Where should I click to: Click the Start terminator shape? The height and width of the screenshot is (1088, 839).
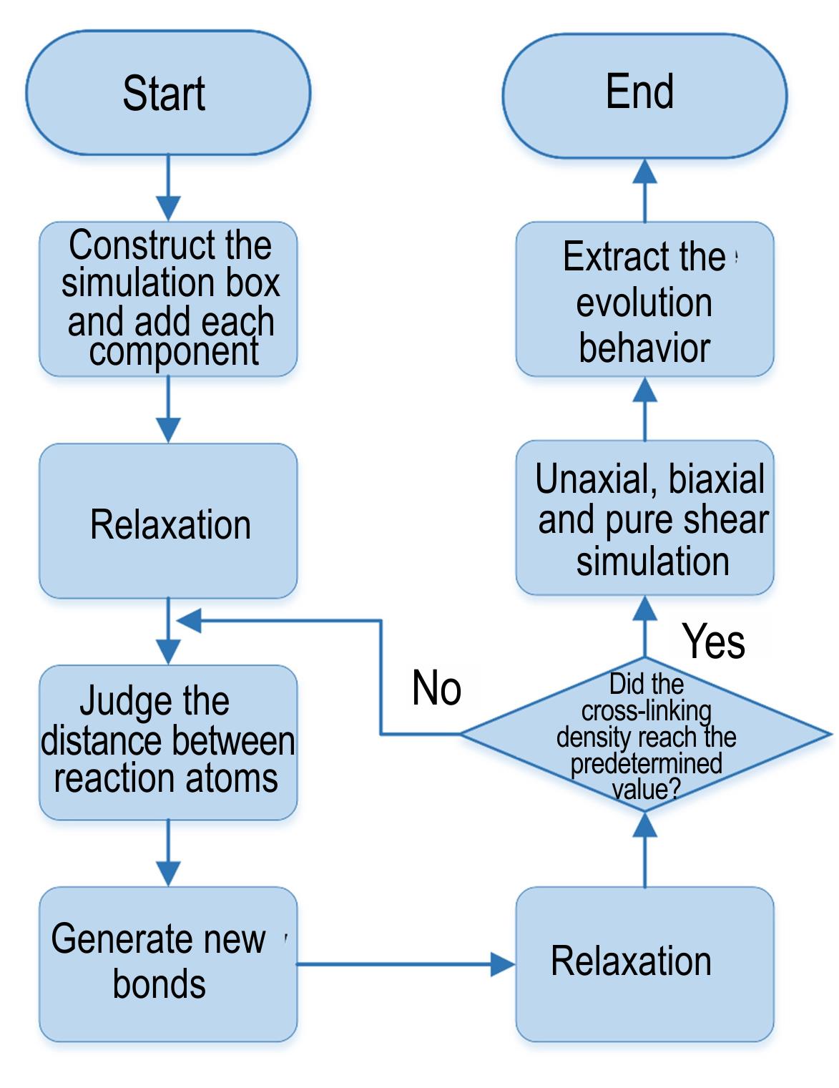point(168,92)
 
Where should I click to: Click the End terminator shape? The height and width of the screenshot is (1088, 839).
point(644,96)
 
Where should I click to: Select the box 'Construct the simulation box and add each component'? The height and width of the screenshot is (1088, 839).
point(168,299)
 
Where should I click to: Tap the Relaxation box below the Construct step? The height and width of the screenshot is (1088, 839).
point(168,521)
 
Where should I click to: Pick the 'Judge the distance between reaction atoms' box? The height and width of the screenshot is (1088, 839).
point(168,743)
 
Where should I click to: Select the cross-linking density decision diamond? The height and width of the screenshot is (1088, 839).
point(646,735)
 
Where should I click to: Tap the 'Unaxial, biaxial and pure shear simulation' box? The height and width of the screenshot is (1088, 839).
point(644,518)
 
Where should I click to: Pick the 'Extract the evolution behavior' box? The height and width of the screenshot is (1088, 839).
point(644,299)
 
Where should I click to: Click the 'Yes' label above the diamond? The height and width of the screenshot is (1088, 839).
point(713,641)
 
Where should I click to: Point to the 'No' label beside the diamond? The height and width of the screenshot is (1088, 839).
point(436,687)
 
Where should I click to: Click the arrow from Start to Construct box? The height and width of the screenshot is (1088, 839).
point(168,187)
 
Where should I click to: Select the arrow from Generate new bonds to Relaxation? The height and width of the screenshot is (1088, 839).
point(406,964)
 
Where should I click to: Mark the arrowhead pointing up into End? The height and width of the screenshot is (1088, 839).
point(644,171)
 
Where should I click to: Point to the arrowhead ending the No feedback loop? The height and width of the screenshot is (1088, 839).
point(190,621)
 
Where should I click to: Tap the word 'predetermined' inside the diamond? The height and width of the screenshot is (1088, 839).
point(647,763)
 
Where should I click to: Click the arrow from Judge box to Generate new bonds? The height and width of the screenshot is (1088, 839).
point(168,853)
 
